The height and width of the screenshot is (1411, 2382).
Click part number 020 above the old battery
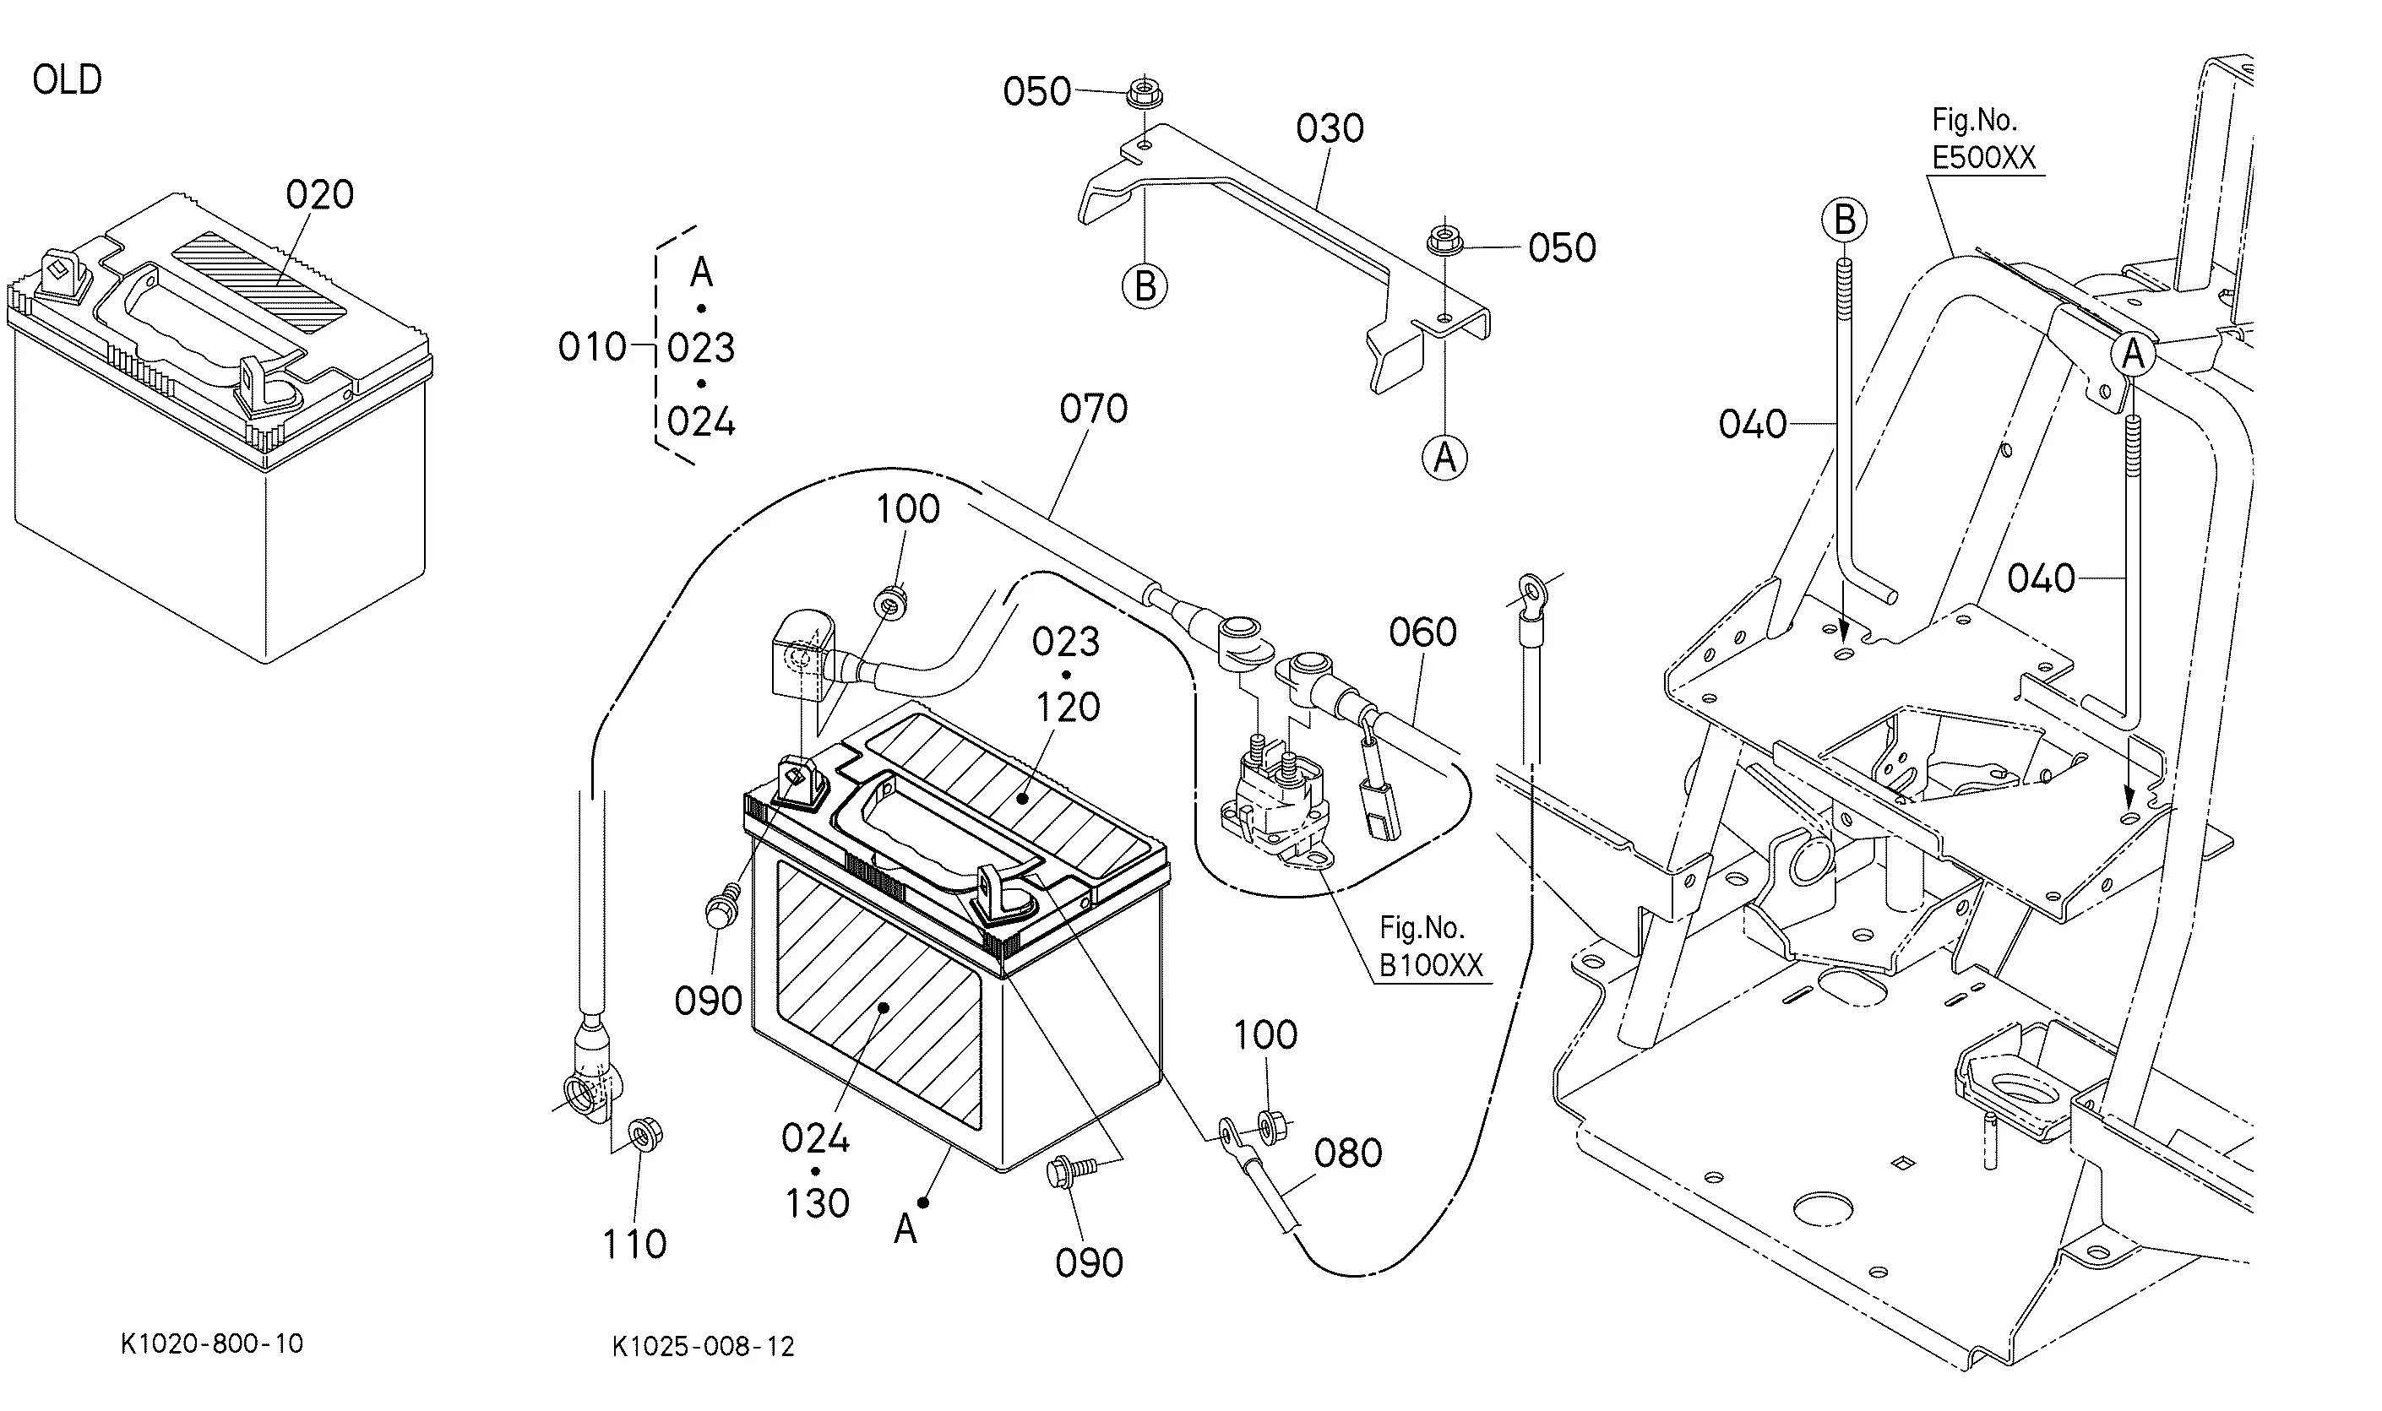(319, 195)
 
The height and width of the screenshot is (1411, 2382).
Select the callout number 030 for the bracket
(1330, 128)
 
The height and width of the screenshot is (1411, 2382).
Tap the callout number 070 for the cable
(1094, 409)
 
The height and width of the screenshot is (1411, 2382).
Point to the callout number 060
(1422, 632)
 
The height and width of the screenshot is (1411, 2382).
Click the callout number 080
(1347, 1153)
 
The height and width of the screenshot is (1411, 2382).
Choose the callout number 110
(634, 1245)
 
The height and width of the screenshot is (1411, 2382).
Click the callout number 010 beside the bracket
(591, 348)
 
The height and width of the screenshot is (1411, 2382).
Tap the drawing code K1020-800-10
(212, 1343)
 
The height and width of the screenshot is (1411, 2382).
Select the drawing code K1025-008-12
(703, 1346)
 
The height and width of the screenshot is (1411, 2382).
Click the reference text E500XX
(1983, 158)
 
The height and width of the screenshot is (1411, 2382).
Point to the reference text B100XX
(1431, 966)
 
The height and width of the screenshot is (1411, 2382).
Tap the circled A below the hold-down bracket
(1444, 459)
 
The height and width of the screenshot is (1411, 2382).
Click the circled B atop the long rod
(1844, 220)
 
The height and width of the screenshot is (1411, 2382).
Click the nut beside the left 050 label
(1145, 93)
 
